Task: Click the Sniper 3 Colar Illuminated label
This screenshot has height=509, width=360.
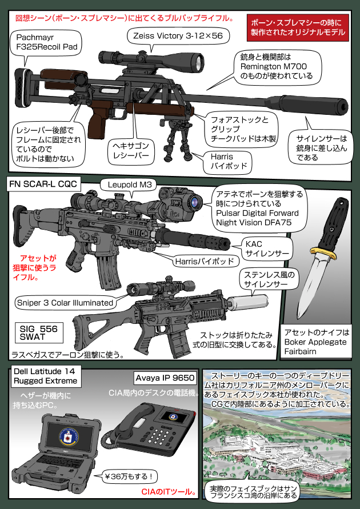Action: (65, 302)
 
